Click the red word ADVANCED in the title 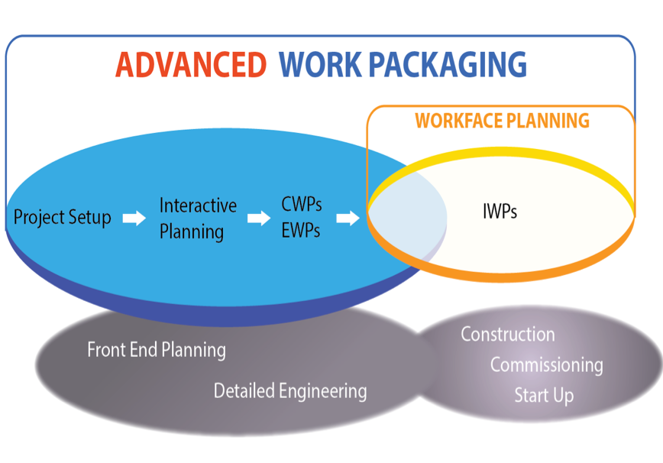tap(191, 65)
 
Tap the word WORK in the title tap(320, 65)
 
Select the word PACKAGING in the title tap(448, 65)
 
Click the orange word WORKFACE tap(458, 121)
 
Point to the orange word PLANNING tap(548, 121)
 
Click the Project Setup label tap(62, 217)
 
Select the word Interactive tap(198, 206)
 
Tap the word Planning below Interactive tap(192, 232)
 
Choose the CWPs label tap(302, 204)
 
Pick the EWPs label tap(301, 231)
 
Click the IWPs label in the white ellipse tap(500, 211)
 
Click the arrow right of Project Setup tap(134, 219)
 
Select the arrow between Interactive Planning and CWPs tap(259, 219)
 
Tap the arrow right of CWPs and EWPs tap(348, 219)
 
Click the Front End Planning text tap(157, 350)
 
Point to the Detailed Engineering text tap(290, 390)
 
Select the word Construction tap(508, 334)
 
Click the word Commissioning tap(547, 365)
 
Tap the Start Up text tap(544, 395)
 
